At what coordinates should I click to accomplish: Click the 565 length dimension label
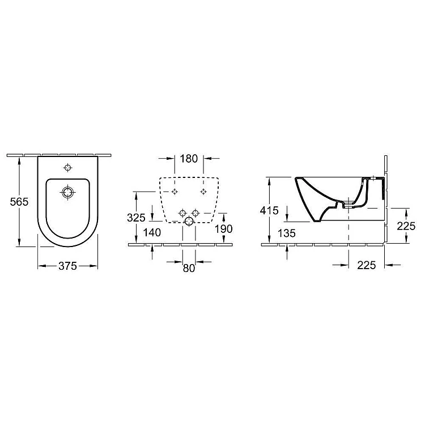[19, 202]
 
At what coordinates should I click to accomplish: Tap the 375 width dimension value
[68, 266]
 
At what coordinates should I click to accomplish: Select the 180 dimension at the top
[189, 159]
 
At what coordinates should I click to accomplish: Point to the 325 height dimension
[137, 218]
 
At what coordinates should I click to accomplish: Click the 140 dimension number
[152, 232]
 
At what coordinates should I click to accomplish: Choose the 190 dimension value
[224, 229]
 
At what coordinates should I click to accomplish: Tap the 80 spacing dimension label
[189, 269]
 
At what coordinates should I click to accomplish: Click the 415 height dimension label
[269, 211]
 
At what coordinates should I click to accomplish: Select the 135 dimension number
[287, 233]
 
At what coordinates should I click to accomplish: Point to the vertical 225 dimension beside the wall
[406, 226]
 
